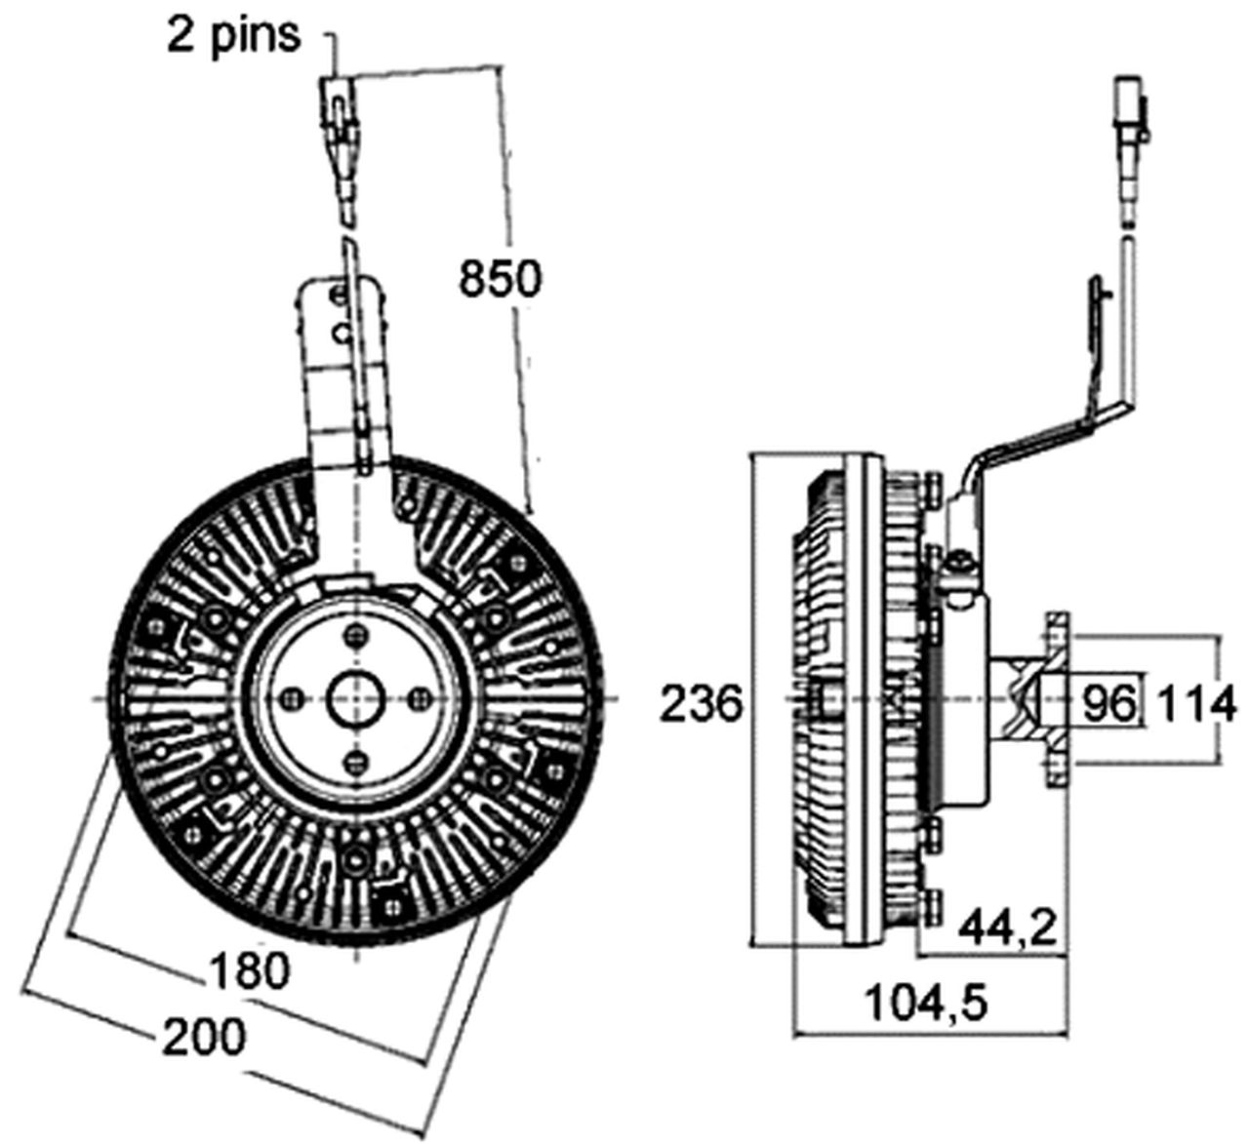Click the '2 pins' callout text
(233, 36)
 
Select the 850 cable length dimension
(500, 279)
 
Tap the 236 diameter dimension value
(702, 703)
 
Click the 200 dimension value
(204, 1037)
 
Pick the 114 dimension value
(1196, 703)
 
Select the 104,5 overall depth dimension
(928, 1001)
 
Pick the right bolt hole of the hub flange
(421, 698)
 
